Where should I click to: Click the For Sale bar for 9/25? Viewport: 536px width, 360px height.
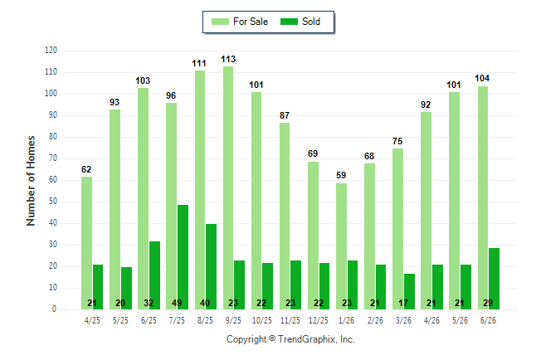tap(228, 187)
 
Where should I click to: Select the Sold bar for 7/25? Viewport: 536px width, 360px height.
tap(183, 257)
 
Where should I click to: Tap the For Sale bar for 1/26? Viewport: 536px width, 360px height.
tap(341, 246)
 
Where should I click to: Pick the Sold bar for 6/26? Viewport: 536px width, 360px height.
tap(494, 279)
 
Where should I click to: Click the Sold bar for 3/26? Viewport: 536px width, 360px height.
tap(409, 292)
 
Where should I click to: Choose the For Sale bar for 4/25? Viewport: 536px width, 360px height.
tap(86, 243)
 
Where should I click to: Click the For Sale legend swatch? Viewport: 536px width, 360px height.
tap(220, 22)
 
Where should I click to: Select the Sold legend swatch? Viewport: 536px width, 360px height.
tap(290, 22)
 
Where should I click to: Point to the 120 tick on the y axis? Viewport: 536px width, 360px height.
tap(51, 51)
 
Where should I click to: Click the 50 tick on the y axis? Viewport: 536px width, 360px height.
tap(53, 202)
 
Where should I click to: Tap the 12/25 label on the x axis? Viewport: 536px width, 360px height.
tap(319, 320)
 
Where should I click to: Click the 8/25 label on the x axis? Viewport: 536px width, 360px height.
tap(205, 320)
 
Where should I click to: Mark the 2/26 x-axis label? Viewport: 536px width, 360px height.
tap(375, 320)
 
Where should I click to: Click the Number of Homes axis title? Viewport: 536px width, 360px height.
tap(31, 181)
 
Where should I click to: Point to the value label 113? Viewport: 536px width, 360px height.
tap(228, 59)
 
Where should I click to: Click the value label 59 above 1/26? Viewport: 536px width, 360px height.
tap(341, 175)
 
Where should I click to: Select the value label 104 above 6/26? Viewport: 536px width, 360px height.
tap(482, 78)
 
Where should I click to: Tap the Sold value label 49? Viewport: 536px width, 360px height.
tap(177, 303)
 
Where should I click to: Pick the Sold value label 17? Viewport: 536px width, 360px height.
tap(403, 303)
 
